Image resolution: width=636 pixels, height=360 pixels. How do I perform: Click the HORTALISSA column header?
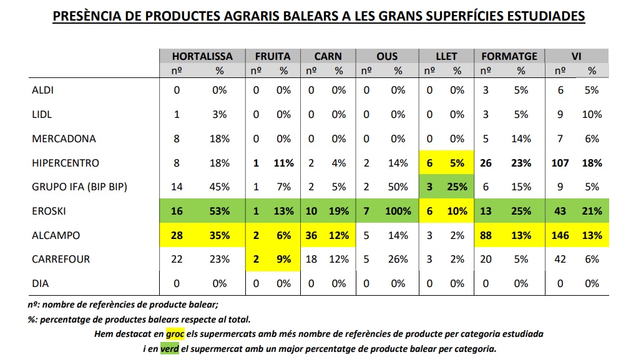point(202,56)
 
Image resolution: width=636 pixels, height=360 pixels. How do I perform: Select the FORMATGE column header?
point(509,56)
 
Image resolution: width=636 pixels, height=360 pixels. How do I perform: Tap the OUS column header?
point(387,56)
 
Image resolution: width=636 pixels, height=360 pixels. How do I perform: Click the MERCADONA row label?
point(64,139)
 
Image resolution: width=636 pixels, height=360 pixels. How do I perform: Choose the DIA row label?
point(41,283)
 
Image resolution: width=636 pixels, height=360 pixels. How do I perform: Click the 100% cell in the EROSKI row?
point(398,212)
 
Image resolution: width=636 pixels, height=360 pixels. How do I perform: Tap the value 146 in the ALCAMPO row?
point(559,236)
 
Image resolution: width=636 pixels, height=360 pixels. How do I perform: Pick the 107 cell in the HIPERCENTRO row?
point(559,163)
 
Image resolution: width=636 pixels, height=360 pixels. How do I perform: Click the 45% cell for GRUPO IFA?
point(220,187)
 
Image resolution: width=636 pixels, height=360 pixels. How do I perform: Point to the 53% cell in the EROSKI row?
point(220,212)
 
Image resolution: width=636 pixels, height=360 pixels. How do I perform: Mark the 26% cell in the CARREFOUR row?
point(398,260)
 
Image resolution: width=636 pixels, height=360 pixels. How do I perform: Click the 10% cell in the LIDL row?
point(592,115)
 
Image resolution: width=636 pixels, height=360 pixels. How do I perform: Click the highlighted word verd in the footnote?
point(170,348)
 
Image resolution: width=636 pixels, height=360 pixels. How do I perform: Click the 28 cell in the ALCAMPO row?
point(177,236)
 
